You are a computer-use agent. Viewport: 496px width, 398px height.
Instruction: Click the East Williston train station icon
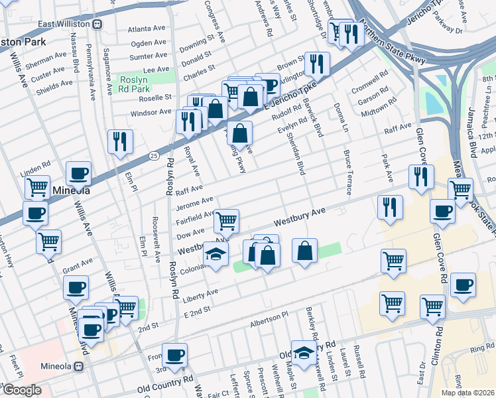(x=97, y=25)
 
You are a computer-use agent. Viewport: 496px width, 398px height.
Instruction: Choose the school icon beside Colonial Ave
(x=216, y=255)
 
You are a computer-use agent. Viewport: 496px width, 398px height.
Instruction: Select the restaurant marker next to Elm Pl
(x=120, y=141)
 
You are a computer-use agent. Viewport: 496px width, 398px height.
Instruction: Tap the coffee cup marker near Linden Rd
(x=78, y=173)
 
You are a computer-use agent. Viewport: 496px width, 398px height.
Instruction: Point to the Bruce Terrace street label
(x=347, y=172)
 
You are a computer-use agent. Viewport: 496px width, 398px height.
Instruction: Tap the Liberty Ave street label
(x=203, y=293)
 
